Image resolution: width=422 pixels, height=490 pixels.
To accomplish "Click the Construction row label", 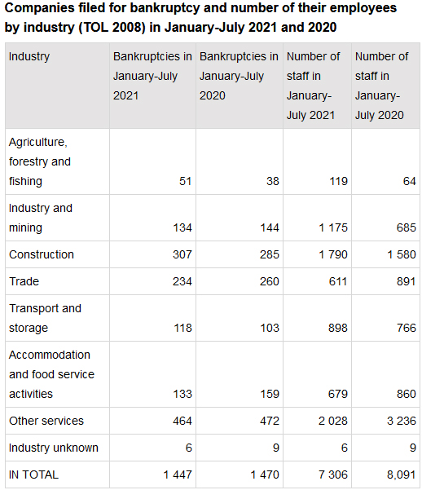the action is point(42,254).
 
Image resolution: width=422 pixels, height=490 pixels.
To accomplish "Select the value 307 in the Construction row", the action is point(182,254).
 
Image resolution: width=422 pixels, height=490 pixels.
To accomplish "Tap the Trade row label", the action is point(24,281).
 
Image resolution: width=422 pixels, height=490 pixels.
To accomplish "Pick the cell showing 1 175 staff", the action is point(333,227).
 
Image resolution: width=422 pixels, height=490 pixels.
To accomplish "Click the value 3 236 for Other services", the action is point(402,421).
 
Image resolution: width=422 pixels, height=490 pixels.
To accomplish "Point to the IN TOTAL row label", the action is point(33,475).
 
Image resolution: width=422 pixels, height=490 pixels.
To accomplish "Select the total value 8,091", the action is point(402,475).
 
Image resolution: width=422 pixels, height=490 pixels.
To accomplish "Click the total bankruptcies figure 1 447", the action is point(178,475).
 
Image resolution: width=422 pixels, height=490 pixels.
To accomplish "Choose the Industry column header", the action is point(29,56).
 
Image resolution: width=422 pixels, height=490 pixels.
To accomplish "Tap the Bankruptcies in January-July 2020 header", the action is point(239,76).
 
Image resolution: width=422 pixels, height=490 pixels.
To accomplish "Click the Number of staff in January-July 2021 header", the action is point(314,86).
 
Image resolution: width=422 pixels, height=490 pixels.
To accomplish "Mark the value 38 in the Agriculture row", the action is point(273,181).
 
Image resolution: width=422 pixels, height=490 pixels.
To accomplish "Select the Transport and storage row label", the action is point(45,318).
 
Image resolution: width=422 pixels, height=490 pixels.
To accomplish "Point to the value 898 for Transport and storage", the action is point(337,328).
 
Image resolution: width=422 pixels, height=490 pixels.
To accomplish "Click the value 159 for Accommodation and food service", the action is point(270,394).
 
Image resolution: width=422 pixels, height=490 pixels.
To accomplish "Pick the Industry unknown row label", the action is point(54,448).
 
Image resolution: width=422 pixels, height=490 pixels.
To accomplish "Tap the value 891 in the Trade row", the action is point(407,281).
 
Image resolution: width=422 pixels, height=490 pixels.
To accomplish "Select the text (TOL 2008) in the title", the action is point(112,28).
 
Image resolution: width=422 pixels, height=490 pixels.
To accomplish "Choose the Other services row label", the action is point(46,421).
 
